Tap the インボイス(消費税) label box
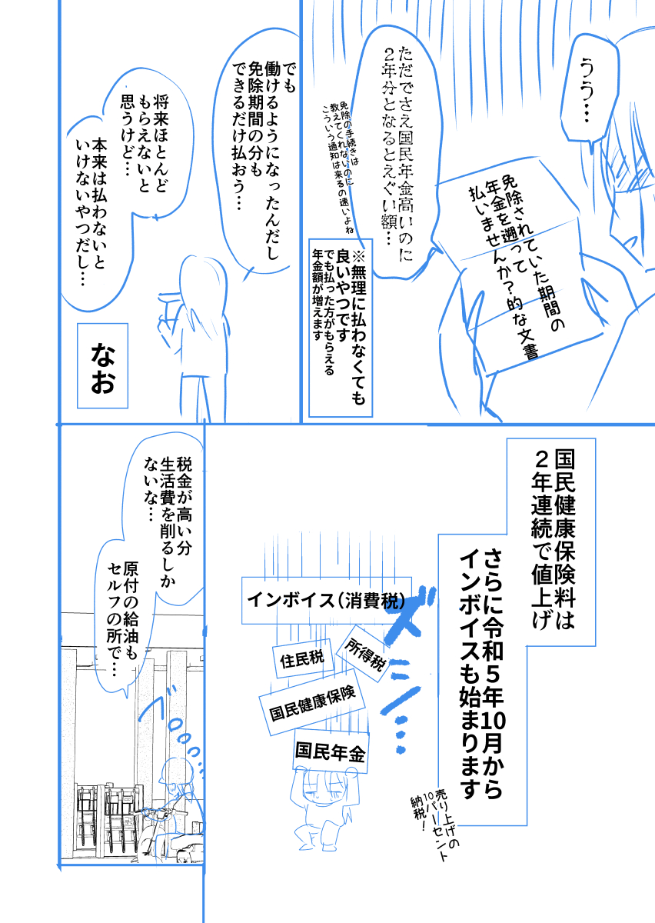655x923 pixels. click(326, 600)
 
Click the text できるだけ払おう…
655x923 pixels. click(241, 138)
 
